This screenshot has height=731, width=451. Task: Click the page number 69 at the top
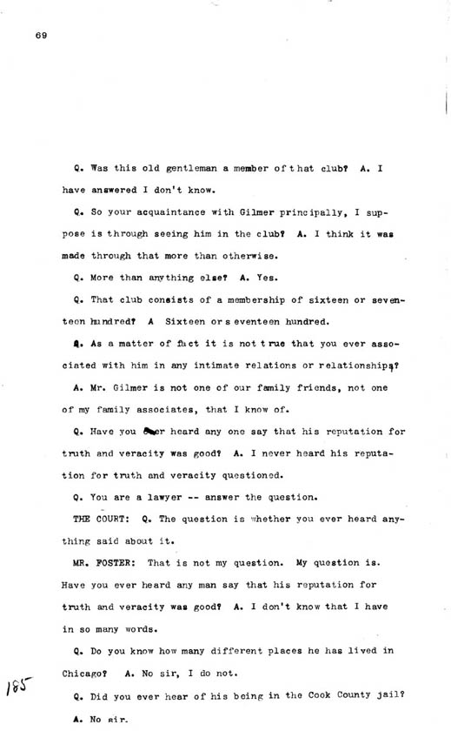point(41,35)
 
